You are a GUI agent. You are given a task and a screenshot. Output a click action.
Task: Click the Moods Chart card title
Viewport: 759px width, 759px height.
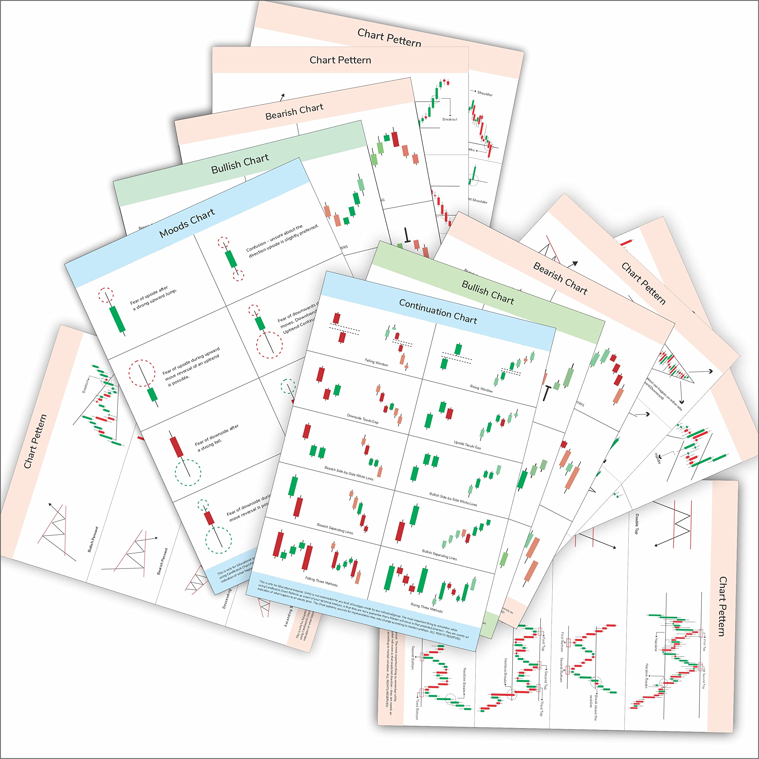[x=187, y=223]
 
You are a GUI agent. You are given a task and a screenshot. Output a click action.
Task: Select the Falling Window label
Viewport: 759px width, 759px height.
[x=376, y=362]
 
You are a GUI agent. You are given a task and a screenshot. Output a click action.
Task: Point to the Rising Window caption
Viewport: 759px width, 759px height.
[x=481, y=388]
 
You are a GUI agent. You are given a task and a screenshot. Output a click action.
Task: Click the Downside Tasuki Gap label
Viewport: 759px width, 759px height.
[x=363, y=418]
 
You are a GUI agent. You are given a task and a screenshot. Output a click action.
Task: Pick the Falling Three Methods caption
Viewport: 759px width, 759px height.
[x=321, y=581]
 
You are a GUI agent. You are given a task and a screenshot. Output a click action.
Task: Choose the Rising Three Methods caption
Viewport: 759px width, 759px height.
[x=427, y=608]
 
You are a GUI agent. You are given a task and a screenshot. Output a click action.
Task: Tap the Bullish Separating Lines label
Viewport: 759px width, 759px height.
[x=439, y=555]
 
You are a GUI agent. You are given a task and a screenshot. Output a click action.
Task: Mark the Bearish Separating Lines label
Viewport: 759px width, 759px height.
[x=335, y=528]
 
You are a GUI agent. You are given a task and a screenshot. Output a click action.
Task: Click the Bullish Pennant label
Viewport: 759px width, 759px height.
[x=93, y=539]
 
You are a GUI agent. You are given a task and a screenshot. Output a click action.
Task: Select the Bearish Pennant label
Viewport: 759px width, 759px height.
[x=162, y=561]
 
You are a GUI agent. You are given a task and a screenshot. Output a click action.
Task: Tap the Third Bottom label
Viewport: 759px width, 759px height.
[x=417, y=709]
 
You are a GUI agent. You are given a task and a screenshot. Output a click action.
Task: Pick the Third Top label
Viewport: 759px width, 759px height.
[x=541, y=708]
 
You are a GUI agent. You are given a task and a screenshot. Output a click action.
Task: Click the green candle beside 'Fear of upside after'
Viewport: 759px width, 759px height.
[x=117, y=319]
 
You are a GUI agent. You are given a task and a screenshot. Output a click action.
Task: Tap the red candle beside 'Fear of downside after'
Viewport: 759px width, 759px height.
[x=176, y=447]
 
